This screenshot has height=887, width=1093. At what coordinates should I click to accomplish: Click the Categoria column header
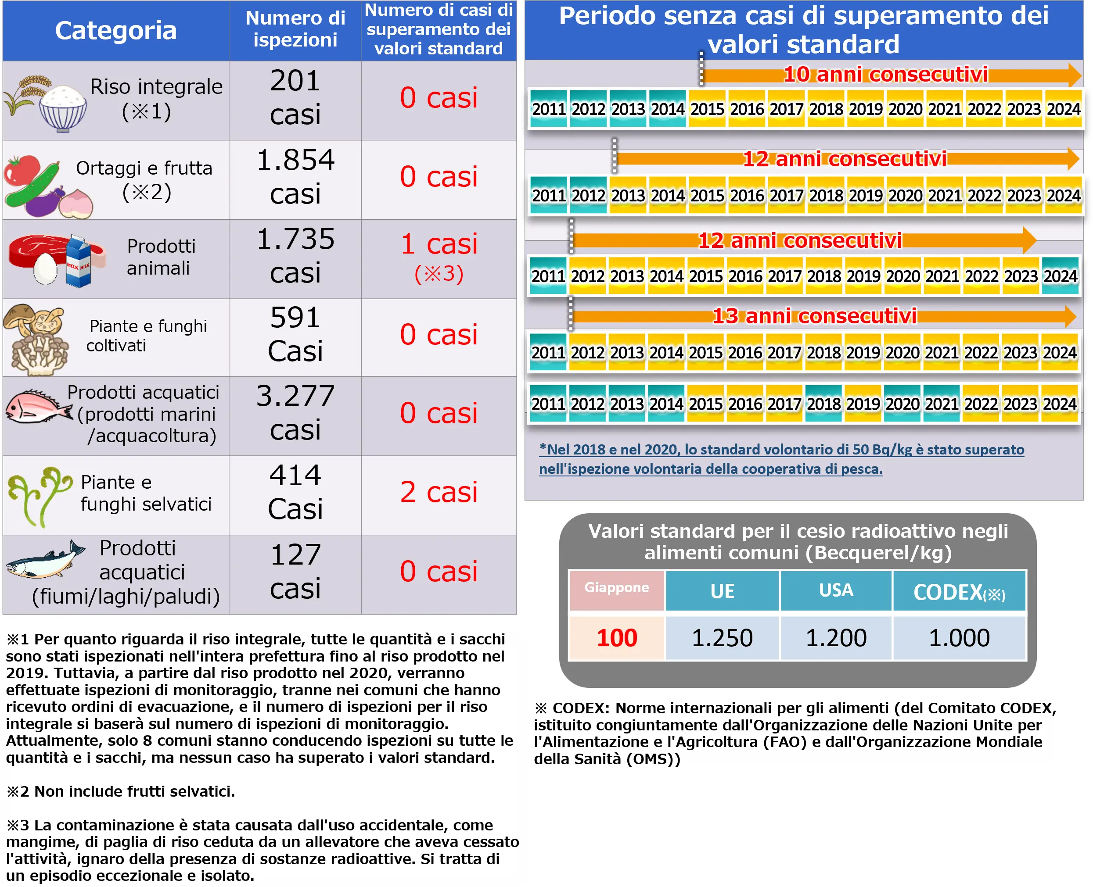(x=115, y=31)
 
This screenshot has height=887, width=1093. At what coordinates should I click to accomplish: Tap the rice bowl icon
(x=62, y=108)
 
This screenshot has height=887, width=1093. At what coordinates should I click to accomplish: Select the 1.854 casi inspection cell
(x=295, y=177)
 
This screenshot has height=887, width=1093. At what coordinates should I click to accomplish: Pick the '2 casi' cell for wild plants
(x=439, y=493)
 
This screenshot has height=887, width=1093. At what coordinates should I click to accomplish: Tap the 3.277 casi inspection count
(x=295, y=413)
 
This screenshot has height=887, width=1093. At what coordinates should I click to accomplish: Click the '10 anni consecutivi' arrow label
(x=885, y=75)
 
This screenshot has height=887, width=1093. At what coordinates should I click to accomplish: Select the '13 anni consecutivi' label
(x=814, y=316)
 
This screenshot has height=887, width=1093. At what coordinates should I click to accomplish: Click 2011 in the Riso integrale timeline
(x=549, y=109)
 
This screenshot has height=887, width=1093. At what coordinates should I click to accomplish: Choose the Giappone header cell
(x=617, y=588)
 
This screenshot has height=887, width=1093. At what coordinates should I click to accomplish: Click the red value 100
(x=617, y=638)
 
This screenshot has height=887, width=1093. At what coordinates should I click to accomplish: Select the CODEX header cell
(x=959, y=592)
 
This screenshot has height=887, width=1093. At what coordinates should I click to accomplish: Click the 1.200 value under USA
(x=836, y=638)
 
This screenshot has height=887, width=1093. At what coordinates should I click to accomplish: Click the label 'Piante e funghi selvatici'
(x=146, y=494)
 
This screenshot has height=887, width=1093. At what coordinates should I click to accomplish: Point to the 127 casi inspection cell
(x=295, y=572)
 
